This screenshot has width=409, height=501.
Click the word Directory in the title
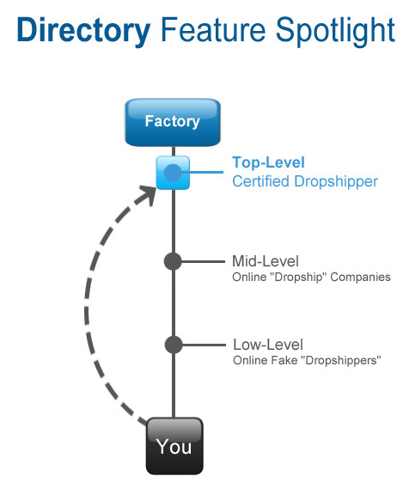point(83,31)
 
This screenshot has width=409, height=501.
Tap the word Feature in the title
point(213,30)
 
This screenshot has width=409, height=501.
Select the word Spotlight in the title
point(335,31)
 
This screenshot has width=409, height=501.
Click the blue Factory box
point(173,122)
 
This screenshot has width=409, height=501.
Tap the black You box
point(174,446)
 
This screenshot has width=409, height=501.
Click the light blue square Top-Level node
point(173,173)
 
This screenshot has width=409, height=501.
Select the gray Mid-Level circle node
point(173,261)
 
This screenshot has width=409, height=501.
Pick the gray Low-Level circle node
point(174,345)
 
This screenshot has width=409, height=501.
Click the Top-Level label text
point(268,162)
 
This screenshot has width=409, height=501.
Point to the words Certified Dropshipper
point(305,181)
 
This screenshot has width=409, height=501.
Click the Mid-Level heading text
point(266,261)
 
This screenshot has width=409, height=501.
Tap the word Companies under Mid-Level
point(360,278)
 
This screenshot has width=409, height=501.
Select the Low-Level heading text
point(268,345)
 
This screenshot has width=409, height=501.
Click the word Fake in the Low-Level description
point(285,360)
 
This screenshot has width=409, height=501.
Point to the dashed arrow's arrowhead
point(147,195)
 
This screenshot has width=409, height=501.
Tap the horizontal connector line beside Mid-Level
point(203,261)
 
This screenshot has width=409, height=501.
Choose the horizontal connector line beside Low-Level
point(204,345)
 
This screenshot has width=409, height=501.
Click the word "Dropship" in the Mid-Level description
point(298,278)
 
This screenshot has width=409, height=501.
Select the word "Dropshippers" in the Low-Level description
point(343,361)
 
